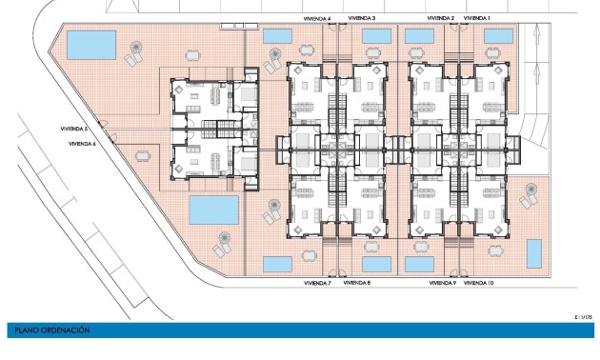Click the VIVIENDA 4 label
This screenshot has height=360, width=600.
point(316,18)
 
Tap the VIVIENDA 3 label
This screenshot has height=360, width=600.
point(362,18)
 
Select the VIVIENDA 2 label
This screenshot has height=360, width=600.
point(440,18)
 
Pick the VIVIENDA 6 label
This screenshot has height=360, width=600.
point(82,144)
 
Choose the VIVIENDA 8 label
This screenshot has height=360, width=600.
point(356,283)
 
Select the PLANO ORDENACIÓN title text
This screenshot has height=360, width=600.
point(52,330)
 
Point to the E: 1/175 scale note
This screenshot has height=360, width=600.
point(585,315)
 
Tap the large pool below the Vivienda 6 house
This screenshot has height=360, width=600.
point(213,208)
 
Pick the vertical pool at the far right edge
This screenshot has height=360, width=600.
point(534,253)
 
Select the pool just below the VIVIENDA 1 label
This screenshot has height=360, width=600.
point(499,35)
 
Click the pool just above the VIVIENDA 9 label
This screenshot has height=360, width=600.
point(419,263)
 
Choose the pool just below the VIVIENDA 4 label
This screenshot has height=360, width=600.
point(276,35)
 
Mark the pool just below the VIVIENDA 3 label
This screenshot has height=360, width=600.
point(376,35)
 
